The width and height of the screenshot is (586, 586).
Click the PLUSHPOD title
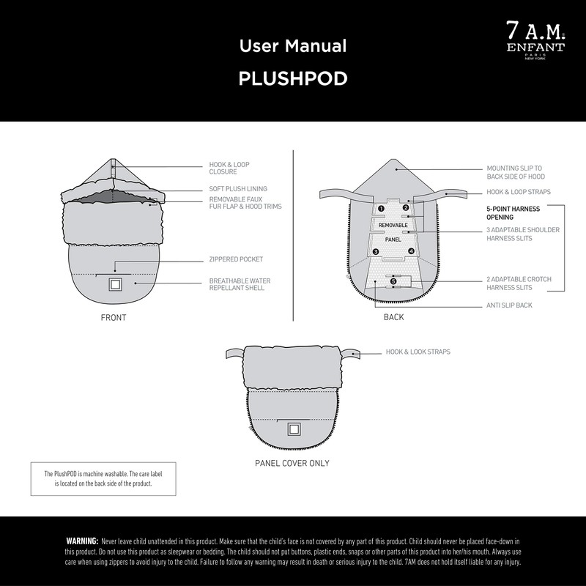click(x=292, y=79)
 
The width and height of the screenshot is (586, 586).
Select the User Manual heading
click(x=292, y=46)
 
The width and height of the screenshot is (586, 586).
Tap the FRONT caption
click(x=114, y=318)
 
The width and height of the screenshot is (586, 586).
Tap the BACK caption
click(x=393, y=318)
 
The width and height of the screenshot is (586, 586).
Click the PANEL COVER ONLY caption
click(x=292, y=463)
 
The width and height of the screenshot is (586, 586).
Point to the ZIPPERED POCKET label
click(x=236, y=259)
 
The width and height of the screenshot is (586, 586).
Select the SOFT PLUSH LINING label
click(x=238, y=189)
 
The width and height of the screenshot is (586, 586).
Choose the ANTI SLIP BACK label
click(x=509, y=305)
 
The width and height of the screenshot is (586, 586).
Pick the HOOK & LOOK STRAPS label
click(x=418, y=352)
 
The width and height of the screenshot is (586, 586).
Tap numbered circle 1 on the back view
click(x=381, y=209)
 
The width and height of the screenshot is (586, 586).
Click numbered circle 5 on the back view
click(x=393, y=281)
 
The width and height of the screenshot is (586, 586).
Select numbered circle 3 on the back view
click(x=376, y=252)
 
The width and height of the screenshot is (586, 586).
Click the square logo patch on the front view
click(x=115, y=285)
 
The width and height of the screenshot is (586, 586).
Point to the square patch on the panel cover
click(x=294, y=429)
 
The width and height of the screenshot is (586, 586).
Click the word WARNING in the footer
click(x=82, y=541)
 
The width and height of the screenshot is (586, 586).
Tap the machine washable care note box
click(x=103, y=479)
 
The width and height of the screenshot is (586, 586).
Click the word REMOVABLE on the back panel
click(x=393, y=225)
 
